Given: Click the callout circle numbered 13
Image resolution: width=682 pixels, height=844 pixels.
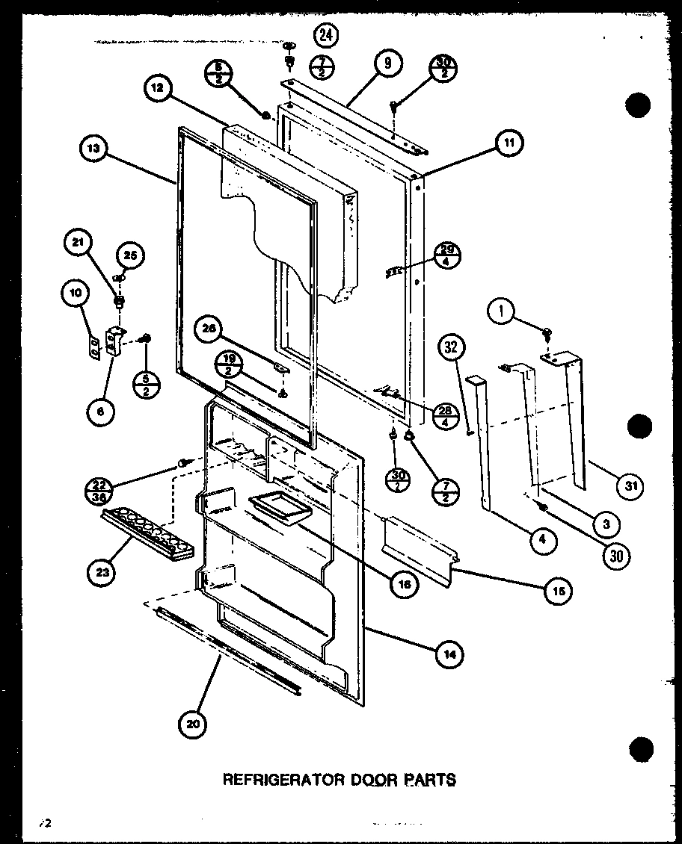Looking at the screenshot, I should tap(92, 149).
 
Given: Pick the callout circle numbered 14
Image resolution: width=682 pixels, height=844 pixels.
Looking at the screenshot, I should tap(449, 655).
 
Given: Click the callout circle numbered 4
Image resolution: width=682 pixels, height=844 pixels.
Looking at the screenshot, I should tap(544, 540).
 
